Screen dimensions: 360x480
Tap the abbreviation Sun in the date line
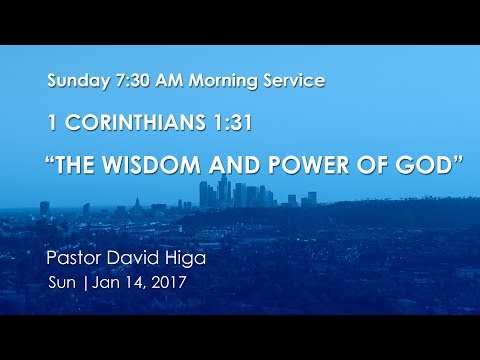[x=62, y=283]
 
